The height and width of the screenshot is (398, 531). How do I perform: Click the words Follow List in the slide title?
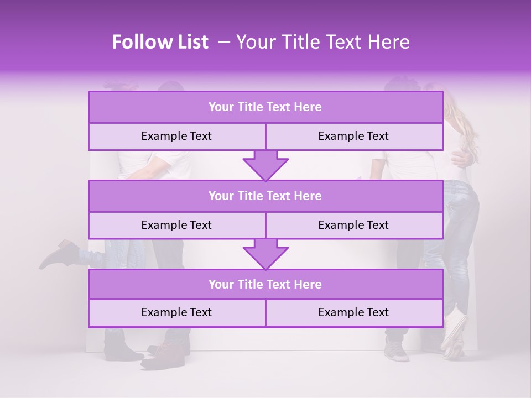(160, 43)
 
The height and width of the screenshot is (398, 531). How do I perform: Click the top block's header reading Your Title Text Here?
(265, 107)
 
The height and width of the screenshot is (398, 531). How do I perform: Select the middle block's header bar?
(265, 196)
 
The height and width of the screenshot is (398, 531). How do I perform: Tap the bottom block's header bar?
(265, 284)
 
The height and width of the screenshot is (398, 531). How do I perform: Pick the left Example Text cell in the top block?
(176, 137)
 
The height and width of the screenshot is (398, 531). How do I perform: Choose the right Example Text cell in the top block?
(353, 137)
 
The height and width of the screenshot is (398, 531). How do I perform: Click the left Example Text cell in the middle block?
(176, 225)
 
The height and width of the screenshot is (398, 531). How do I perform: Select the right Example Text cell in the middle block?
(353, 225)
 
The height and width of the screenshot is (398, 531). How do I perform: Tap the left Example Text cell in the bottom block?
(176, 313)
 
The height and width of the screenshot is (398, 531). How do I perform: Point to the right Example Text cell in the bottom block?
(353, 313)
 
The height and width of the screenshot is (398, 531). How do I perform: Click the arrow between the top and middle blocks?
(265, 166)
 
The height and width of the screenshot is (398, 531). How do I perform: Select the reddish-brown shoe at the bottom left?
(160, 354)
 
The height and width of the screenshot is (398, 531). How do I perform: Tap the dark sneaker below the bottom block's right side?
(397, 348)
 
